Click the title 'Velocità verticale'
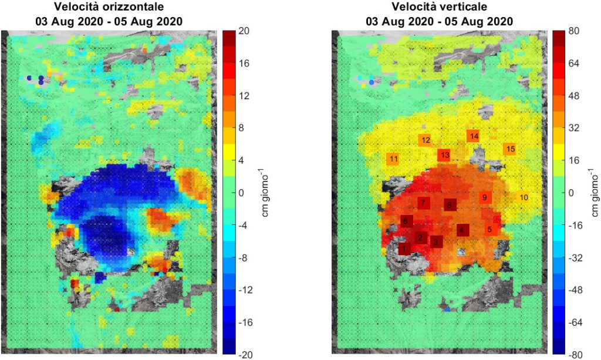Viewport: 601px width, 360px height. (438, 8)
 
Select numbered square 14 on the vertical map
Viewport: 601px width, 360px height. (474, 136)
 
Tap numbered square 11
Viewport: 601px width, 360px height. (393, 159)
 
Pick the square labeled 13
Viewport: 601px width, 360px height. (444, 155)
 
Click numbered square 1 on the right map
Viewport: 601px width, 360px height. (404, 249)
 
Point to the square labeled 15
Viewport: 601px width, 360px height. (511, 149)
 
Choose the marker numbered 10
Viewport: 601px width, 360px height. (524, 197)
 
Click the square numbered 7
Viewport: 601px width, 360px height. (423, 203)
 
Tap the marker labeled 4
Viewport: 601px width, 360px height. (463, 230)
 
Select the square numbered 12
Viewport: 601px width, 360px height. (426, 140)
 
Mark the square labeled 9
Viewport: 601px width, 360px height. (485, 198)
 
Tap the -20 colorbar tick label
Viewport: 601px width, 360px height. (246, 354)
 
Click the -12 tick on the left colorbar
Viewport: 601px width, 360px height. (246, 290)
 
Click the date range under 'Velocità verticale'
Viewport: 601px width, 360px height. (438, 21)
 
